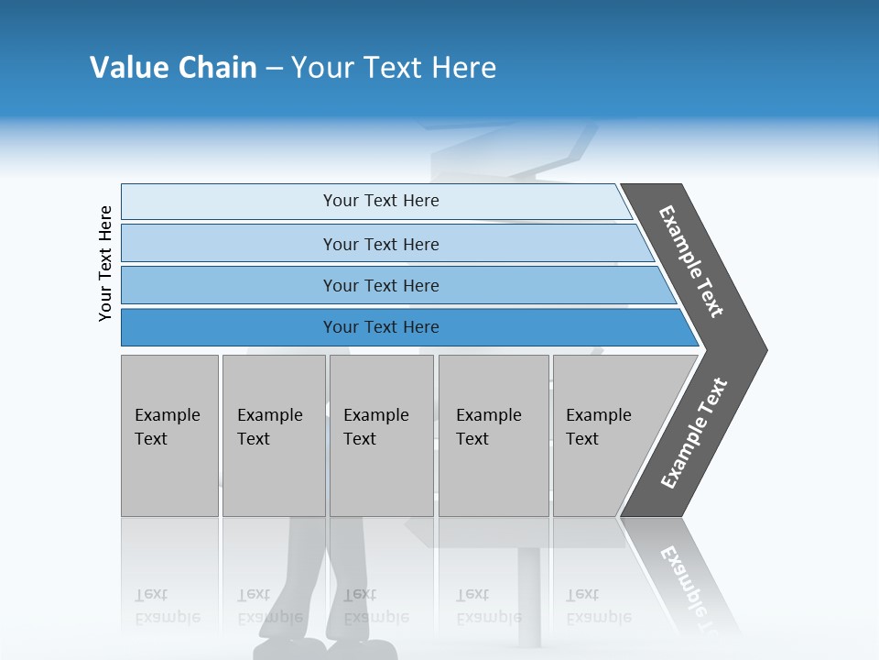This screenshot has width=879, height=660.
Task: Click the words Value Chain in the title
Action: (x=173, y=68)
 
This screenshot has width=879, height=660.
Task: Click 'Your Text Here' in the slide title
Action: (x=394, y=68)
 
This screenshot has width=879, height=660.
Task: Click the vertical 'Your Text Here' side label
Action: (x=105, y=263)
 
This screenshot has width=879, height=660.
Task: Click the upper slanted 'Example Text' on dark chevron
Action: (x=691, y=261)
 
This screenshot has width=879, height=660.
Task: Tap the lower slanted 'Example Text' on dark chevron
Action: (x=694, y=434)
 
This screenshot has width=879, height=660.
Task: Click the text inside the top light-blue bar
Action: (x=381, y=201)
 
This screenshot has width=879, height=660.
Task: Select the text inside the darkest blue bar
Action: (x=381, y=327)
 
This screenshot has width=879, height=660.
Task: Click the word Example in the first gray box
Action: (x=168, y=415)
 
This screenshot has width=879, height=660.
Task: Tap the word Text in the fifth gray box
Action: (x=582, y=439)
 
